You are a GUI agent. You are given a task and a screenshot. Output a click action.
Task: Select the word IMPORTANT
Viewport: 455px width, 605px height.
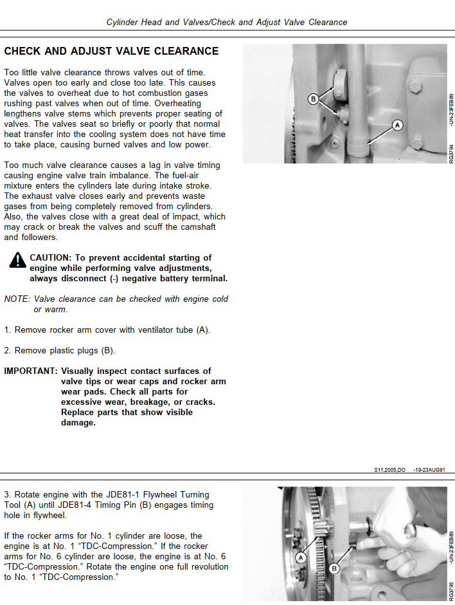click(30, 371)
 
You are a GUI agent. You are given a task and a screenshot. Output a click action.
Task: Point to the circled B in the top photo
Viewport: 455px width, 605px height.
click(314, 99)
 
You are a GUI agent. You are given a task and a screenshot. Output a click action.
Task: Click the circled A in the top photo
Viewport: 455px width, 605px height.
click(397, 125)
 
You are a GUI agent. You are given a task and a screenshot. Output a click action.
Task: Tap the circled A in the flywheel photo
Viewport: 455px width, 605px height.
click(296, 549)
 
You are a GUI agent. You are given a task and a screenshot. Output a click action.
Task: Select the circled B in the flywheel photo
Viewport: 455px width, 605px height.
click(334, 568)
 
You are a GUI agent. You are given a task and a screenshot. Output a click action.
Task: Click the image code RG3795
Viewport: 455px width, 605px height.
click(451, 591)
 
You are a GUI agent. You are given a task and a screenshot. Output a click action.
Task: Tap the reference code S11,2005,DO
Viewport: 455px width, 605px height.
click(389, 470)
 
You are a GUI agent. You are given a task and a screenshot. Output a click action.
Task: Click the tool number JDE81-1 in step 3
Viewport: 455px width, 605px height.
click(103, 495)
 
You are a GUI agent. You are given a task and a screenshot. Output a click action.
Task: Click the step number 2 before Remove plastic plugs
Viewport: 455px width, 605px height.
click(7, 351)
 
